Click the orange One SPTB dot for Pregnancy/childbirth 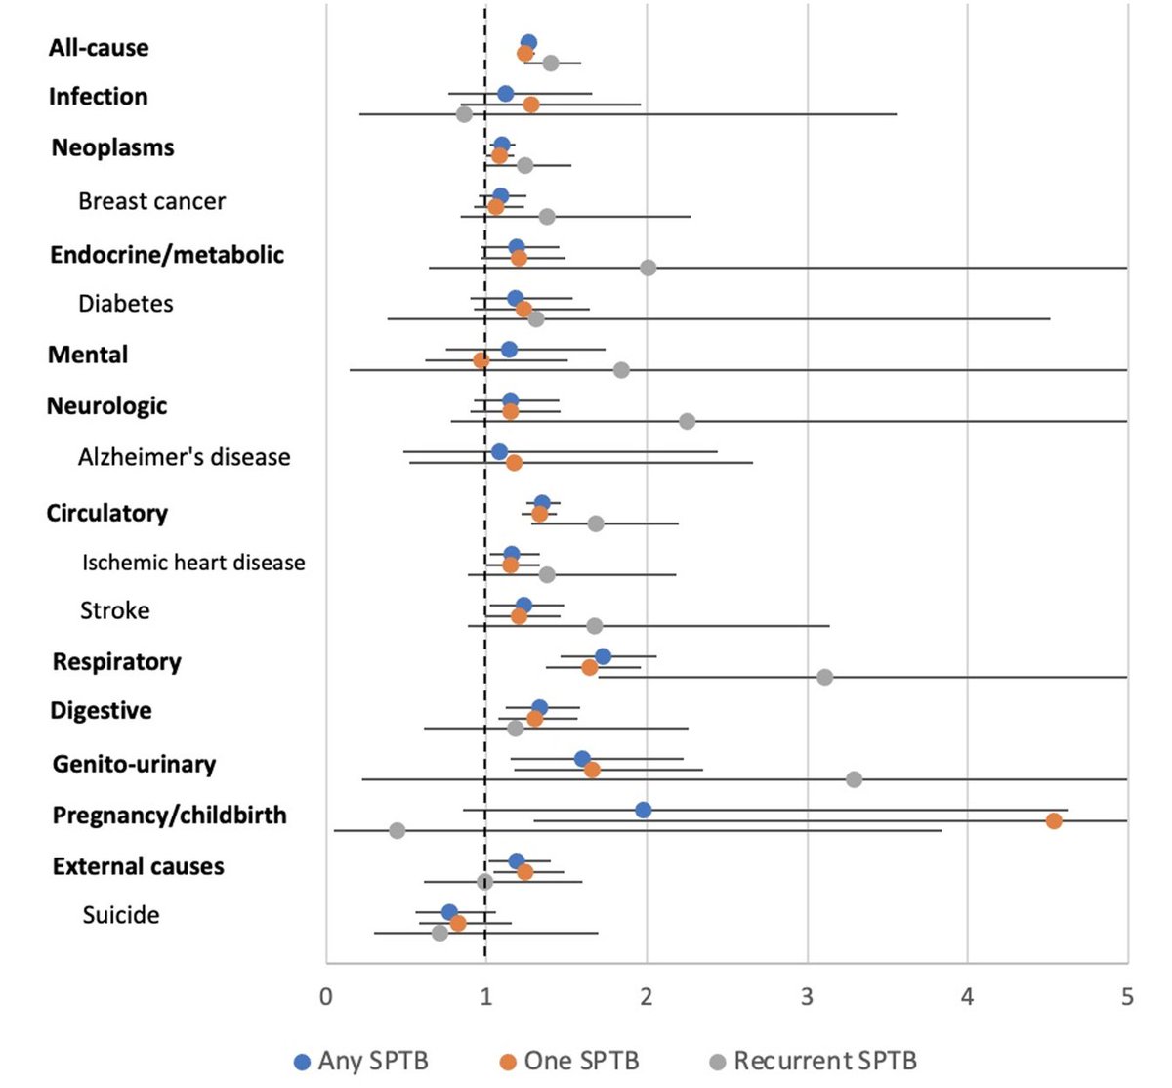click(x=1053, y=820)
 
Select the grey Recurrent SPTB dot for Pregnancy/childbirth click(x=397, y=830)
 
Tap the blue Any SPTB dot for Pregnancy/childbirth click(x=643, y=810)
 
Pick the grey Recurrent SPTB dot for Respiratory click(x=824, y=677)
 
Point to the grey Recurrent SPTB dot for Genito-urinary click(x=854, y=779)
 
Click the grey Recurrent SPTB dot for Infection click(x=464, y=114)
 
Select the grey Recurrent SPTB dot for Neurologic click(x=687, y=421)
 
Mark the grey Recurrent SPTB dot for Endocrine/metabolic click(x=648, y=268)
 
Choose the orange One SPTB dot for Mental click(x=481, y=360)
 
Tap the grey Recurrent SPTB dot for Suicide click(x=439, y=933)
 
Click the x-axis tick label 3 click(x=807, y=997)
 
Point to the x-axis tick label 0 click(x=325, y=997)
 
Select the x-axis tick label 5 click(x=1127, y=997)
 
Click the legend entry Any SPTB click(x=361, y=1061)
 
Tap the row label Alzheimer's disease click(x=184, y=457)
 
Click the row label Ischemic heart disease click(x=193, y=563)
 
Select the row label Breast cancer click(x=151, y=201)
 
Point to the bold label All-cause click(x=99, y=48)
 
